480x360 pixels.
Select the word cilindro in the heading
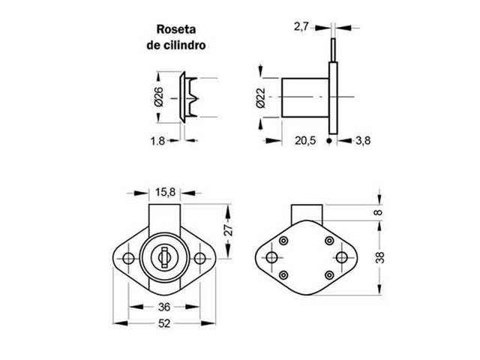point(186,45)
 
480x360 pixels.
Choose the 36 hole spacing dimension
point(163,306)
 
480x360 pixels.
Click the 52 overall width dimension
point(163,325)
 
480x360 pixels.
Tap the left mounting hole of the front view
point(127,259)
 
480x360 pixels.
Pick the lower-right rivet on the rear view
point(328,276)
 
